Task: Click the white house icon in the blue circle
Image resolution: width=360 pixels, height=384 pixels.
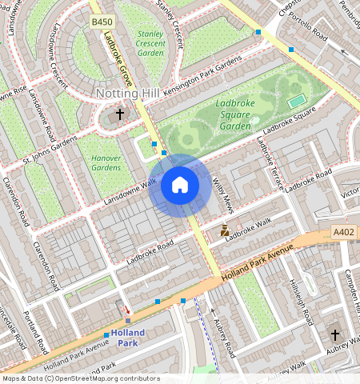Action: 180,186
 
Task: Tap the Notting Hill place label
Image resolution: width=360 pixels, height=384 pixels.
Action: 127,94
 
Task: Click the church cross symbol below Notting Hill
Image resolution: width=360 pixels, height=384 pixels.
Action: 120,114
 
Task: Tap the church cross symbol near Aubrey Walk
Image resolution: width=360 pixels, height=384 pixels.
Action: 335,334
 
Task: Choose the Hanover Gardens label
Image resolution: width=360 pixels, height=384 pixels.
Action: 106,163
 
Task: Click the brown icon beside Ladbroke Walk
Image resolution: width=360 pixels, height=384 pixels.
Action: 225,232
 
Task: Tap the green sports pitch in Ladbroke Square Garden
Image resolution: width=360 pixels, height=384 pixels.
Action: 297,100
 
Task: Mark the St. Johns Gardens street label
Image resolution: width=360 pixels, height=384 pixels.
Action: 50,151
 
